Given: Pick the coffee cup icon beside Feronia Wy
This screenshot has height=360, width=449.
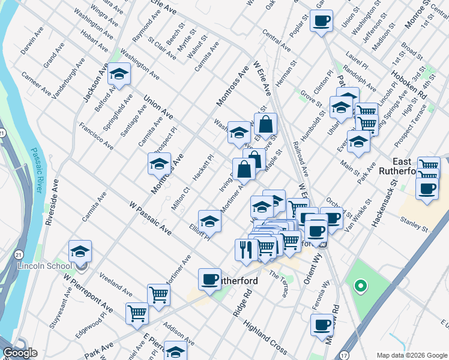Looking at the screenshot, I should pos(322,325).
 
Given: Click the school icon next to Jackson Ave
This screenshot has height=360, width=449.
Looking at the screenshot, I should pos(119,74).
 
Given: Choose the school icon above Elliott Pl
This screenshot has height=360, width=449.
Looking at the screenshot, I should pos(209,221).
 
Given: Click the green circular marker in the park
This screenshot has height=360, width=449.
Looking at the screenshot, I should pos(360,287).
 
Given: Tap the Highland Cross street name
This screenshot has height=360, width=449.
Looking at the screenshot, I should pos(265,337).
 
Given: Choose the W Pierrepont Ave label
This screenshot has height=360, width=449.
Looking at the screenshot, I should pos(88,291).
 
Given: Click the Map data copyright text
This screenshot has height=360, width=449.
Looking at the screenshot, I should pos(412,355).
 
